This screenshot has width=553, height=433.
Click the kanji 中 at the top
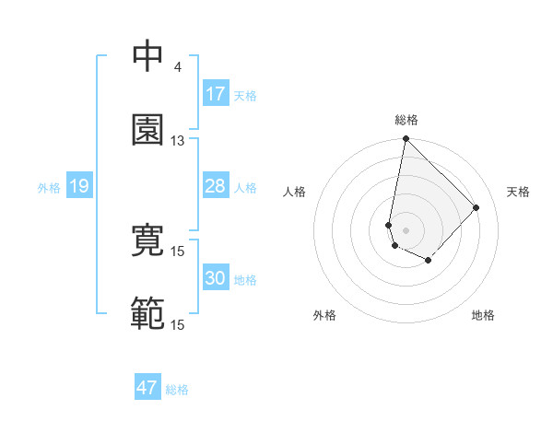(148, 56)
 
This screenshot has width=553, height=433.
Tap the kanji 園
(148, 130)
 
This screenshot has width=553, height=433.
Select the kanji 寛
(148, 240)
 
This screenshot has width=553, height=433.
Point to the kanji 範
(148, 314)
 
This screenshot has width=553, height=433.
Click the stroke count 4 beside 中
(177, 67)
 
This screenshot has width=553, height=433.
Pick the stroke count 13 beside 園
(177, 141)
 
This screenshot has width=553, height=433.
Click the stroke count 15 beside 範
(177, 325)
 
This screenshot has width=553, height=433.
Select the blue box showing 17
(216, 94)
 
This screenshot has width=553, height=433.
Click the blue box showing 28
(216, 186)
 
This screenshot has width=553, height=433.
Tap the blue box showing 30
(216, 278)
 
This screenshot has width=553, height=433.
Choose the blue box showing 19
(78, 187)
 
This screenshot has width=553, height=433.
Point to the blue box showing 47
(147, 388)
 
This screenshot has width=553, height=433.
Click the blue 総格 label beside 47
(177, 390)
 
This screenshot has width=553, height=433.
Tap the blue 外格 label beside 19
(49, 188)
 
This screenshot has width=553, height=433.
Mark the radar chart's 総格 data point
(406, 140)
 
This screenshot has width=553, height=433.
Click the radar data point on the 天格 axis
(477, 207)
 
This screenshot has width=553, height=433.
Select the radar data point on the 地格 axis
(429, 261)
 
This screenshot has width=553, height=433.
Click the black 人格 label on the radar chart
(295, 192)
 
